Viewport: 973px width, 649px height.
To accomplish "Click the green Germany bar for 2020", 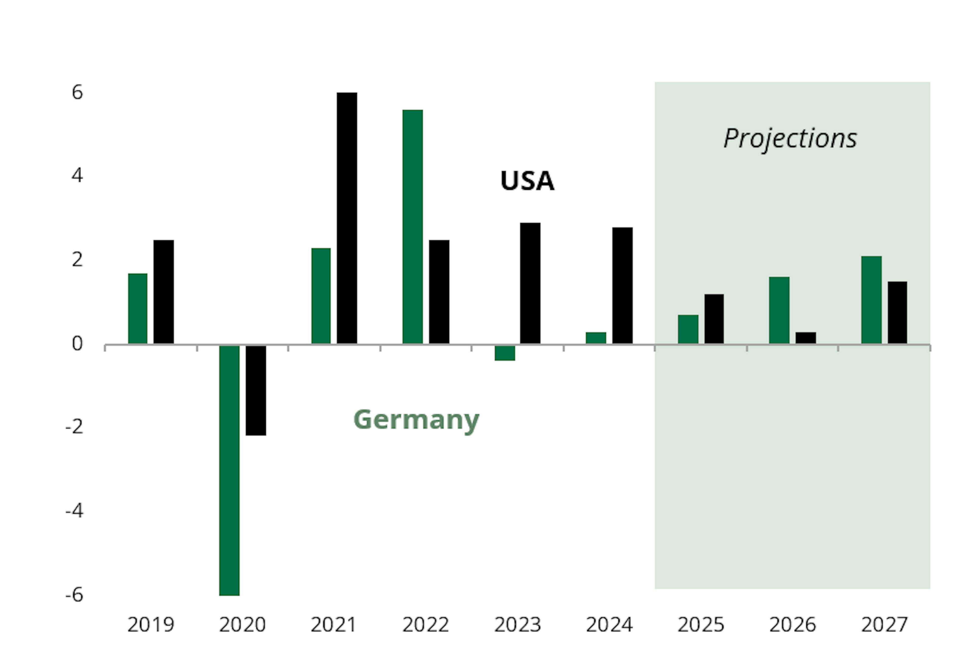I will [x=229, y=470].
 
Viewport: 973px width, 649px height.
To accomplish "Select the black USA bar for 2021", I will [x=347, y=218].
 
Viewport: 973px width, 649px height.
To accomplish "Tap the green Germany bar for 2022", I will [x=413, y=227].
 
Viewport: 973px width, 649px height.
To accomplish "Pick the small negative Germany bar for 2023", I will [x=505, y=353].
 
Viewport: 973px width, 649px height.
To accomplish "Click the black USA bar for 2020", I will [x=256, y=390].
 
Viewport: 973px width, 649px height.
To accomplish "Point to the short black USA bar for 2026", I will [x=806, y=338].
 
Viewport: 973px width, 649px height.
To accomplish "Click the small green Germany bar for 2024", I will [x=596, y=338].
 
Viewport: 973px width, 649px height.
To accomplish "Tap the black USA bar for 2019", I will [x=163, y=292].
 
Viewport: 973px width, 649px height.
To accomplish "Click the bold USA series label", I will [x=527, y=181].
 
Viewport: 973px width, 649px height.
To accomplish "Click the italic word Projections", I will [x=790, y=138].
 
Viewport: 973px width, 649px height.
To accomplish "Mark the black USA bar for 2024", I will [x=622, y=285].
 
